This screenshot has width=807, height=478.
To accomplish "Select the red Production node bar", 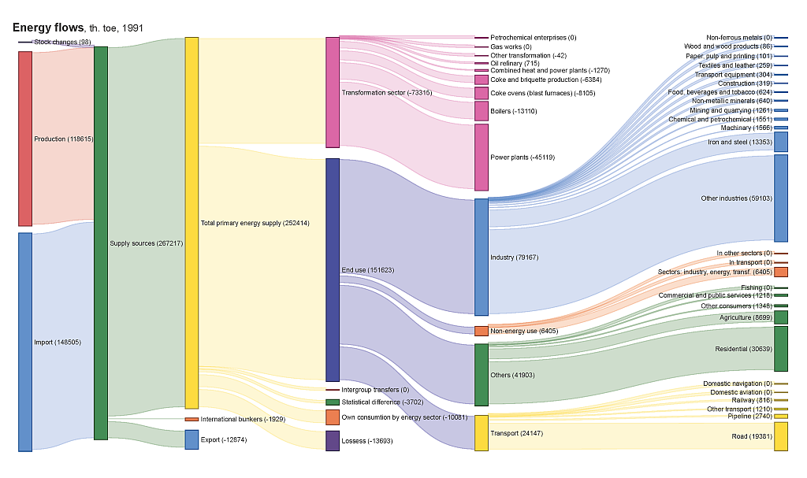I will (25, 139).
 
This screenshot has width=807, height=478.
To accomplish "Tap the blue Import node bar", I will (25, 342).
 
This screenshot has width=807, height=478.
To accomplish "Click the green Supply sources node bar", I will (101, 243).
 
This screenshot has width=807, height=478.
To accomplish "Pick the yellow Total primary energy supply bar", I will (192, 223).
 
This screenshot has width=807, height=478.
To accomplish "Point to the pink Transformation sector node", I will (333, 92).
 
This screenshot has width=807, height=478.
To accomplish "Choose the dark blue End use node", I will (333, 270).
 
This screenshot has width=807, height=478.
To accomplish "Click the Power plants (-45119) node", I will (482, 157).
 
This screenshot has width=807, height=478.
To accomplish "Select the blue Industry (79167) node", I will (482, 257).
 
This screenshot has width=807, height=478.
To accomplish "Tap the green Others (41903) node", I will (482, 375).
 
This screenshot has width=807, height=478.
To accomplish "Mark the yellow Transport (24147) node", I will (482, 433).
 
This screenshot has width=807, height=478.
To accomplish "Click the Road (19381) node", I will (781, 436).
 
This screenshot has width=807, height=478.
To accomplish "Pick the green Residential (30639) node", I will (781, 348).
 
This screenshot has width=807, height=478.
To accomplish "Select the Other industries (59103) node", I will (781, 198).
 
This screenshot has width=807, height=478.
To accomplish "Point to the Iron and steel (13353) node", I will (781, 142).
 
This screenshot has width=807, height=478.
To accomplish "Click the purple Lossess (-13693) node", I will (333, 440).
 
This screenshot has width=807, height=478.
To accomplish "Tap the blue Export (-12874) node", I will (192, 439).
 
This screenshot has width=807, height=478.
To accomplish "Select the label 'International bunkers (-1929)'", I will (243, 419).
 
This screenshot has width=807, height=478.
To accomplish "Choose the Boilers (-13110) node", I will (482, 111).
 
